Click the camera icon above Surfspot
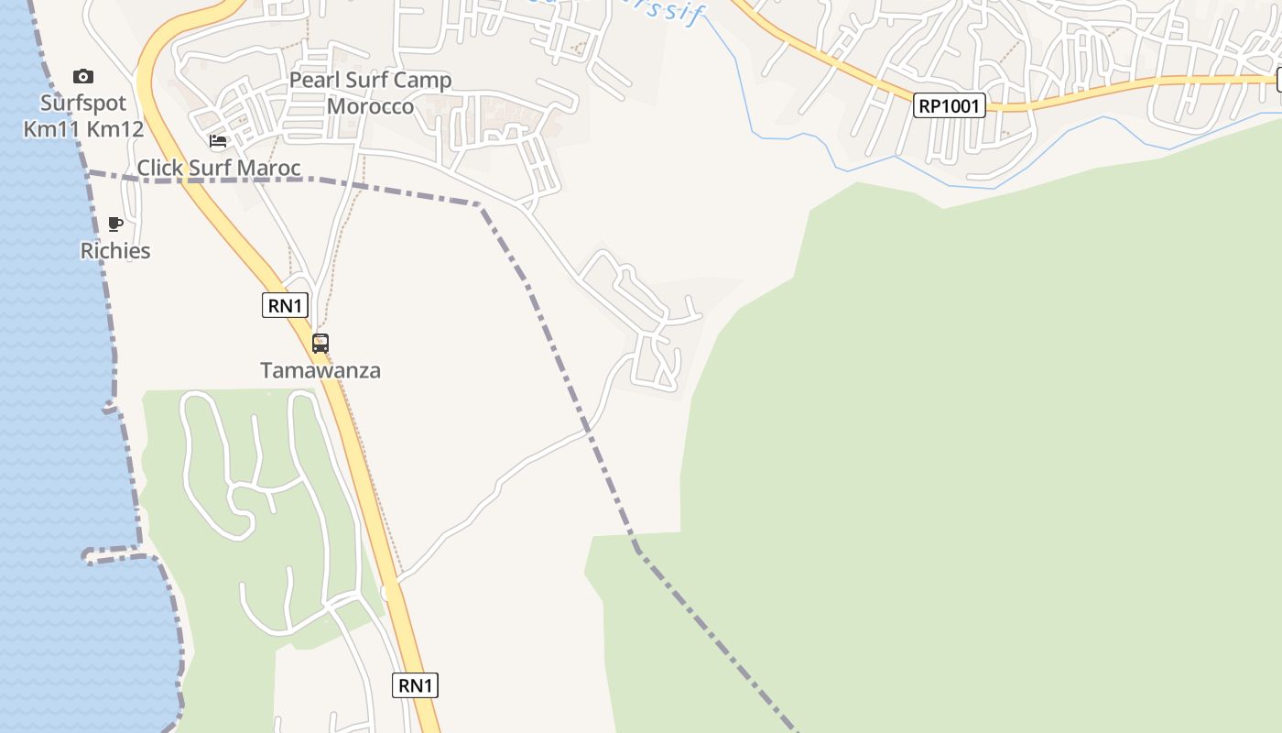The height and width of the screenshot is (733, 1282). [83, 76]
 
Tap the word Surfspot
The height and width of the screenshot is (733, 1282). [83, 102]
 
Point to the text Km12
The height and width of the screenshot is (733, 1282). [114, 128]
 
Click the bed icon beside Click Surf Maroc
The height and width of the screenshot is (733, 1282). [218, 141]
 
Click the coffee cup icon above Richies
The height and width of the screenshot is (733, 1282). [115, 224]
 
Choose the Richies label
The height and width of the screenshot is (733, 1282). [115, 250]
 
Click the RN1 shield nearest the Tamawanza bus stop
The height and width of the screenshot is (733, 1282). [285, 305]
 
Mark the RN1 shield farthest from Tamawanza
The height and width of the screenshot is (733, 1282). [415, 684]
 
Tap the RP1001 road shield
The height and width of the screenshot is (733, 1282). [949, 105]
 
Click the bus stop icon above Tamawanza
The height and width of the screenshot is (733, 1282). [320, 344]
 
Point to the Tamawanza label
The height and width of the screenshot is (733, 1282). [320, 370]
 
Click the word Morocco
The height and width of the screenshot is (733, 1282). [371, 105]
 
